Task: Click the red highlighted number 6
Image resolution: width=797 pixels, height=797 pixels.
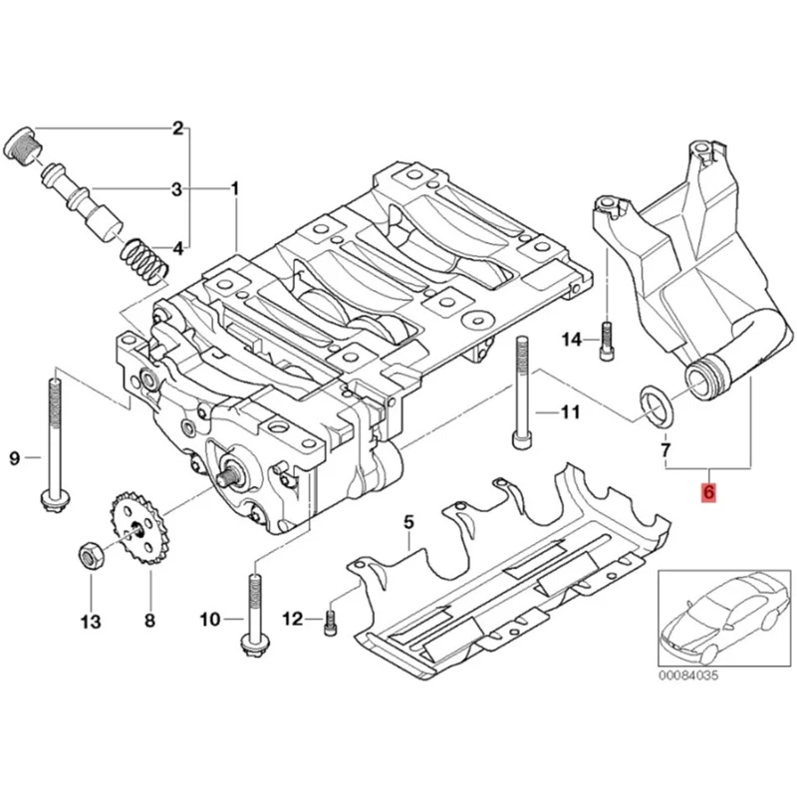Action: click(708, 491)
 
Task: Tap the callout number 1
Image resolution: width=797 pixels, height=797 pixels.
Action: click(235, 189)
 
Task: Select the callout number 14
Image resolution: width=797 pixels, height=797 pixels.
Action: click(572, 339)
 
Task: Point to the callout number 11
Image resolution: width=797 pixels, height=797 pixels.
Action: click(570, 411)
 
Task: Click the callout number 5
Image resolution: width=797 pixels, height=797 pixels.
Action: click(408, 521)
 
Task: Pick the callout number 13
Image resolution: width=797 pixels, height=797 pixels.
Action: click(91, 621)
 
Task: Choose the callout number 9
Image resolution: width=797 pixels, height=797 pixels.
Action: click(15, 458)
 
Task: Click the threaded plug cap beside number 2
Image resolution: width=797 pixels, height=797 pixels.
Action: click(23, 145)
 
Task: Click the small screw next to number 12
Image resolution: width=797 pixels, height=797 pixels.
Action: click(329, 621)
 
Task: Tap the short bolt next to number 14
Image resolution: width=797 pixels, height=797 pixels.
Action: click(607, 341)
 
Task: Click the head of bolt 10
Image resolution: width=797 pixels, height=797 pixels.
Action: click(254, 645)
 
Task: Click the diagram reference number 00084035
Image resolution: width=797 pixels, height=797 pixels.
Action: click(688, 675)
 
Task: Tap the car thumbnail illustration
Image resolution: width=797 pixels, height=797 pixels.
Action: click(724, 618)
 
